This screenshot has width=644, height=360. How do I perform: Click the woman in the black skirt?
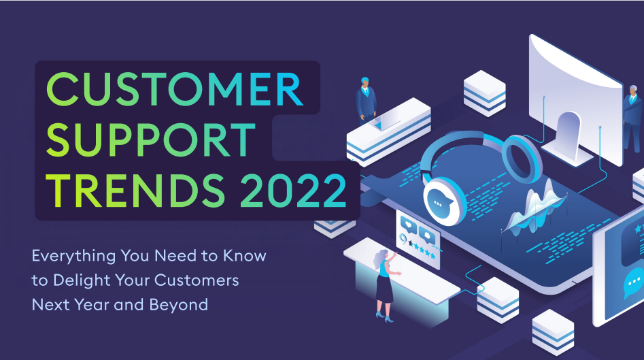[x=384, y=282]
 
